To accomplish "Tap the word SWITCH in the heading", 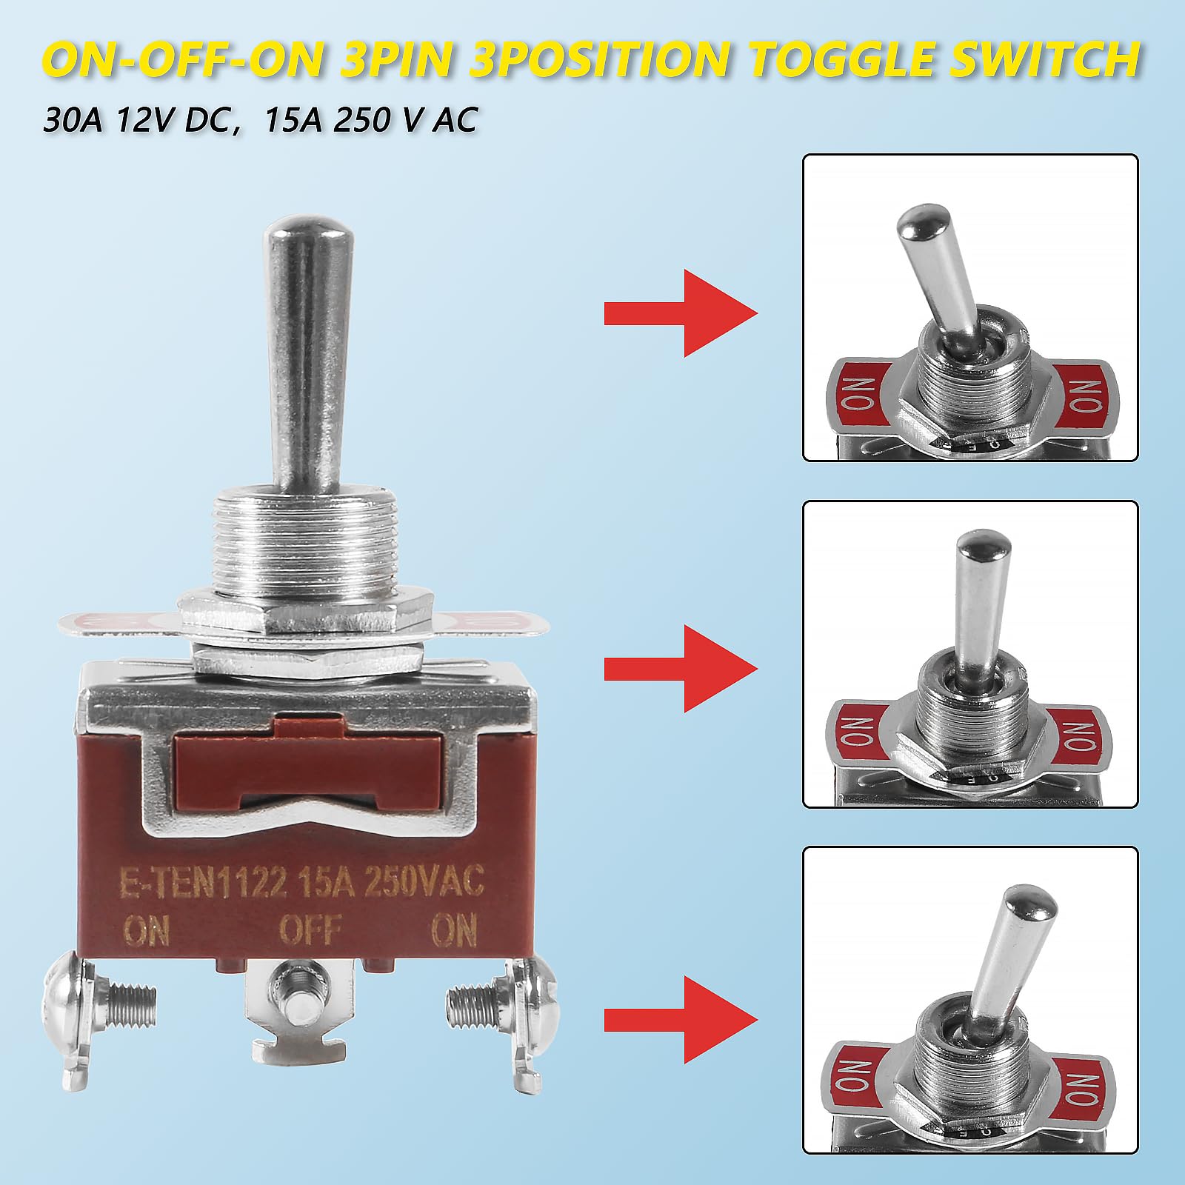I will coord(1052,61).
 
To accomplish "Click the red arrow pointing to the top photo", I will coord(681,313).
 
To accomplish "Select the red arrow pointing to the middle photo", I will coord(681,669).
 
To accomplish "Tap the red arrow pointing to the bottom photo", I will coord(681,1019).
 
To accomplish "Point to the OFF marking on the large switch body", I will coord(311,930).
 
